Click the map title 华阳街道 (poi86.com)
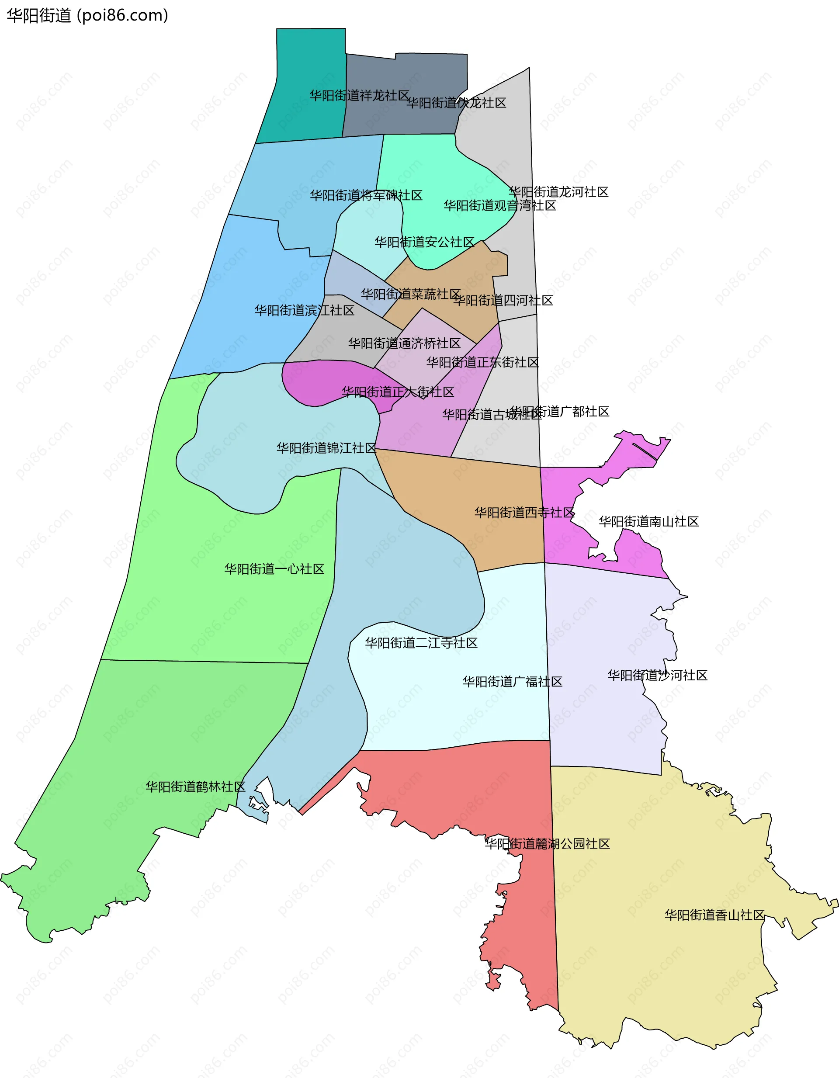(87, 16)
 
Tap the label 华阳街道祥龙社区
(359, 96)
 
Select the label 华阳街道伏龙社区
(457, 103)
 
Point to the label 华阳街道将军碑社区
(366, 195)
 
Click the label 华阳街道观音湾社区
(500, 206)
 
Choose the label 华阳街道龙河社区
(559, 192)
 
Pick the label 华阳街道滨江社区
(305, 311)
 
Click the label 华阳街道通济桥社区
(404, 343)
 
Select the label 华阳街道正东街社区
(483, 363)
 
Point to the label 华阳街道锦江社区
(326, 448)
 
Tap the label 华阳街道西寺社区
(525, 513)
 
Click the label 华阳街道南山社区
(649, 522)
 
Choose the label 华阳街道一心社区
(274, 569)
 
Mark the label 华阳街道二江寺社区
(422, 643)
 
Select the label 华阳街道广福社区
(512, 682)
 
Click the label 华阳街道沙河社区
(657, 675)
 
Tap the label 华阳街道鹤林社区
(195, 787)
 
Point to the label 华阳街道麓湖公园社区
(548, 843)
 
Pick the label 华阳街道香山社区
(714, 915)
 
